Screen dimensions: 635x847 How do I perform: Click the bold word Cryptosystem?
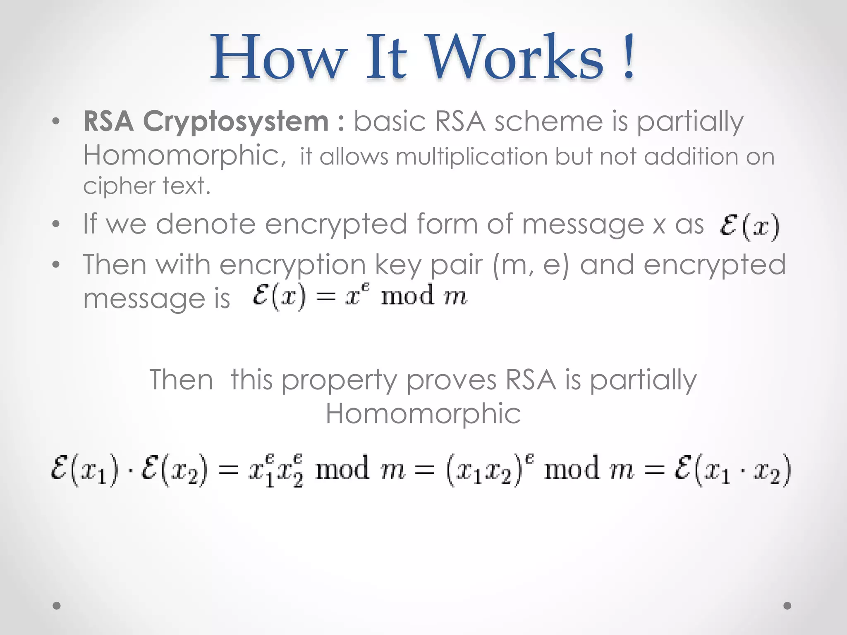236,122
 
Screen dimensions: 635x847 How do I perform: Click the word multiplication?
471,157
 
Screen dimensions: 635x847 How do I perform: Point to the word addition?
691,157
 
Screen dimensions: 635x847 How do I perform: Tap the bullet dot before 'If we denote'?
56,224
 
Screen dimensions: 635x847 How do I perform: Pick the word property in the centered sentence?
339,380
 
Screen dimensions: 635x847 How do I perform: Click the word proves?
451,380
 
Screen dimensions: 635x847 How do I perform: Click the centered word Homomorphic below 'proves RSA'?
423,413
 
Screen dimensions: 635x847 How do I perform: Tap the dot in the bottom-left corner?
57,606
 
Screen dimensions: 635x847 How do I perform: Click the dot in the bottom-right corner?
787,606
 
